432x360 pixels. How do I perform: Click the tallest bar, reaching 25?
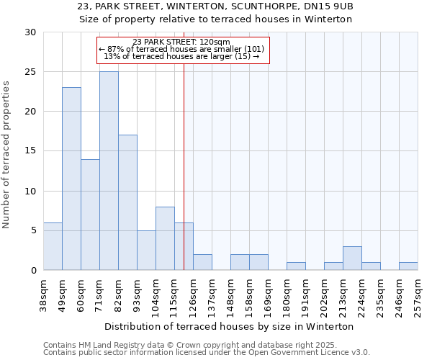click(x=109, y=171)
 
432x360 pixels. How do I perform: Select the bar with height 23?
click(x=71, y=179)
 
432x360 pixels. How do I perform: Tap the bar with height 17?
click(x=127, y=202)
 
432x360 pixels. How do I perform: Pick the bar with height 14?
click(x=90, y=215)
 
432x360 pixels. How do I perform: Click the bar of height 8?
click(x=165, y=238)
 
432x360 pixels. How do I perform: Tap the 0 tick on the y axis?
click(x=33, y=271)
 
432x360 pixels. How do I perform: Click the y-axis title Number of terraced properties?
click(x=7, y=155)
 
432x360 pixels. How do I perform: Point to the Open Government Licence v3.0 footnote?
click(x=207, y=353)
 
